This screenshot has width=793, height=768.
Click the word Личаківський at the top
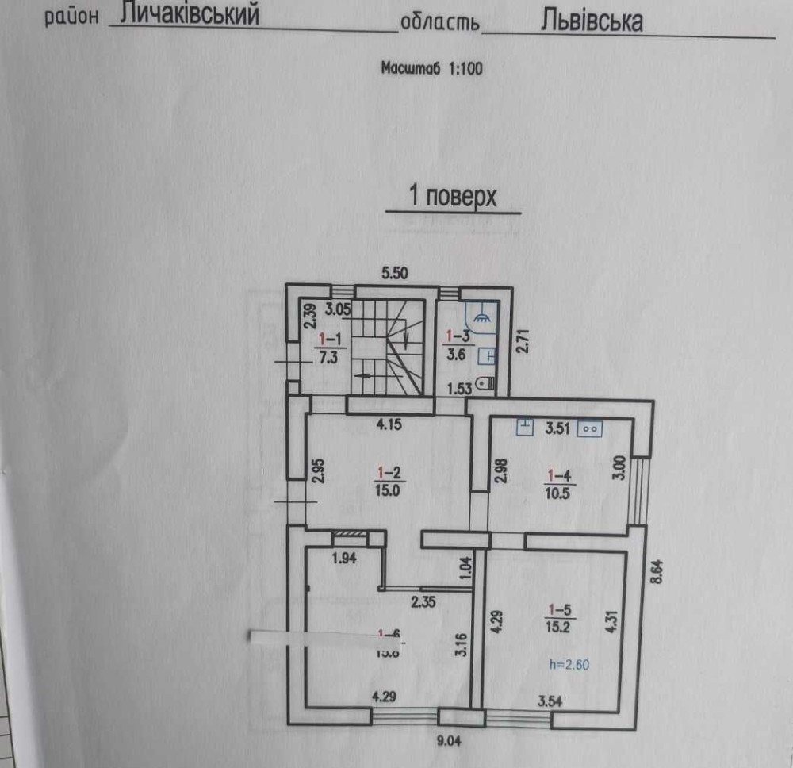point(191,15)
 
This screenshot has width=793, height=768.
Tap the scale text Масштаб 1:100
point(431,68)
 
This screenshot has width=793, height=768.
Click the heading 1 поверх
point(452,196)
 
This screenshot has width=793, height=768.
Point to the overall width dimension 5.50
point(394,274)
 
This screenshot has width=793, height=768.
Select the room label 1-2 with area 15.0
point(389,481)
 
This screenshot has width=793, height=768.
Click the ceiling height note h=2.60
point(569,665)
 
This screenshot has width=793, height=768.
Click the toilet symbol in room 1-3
point(486,384)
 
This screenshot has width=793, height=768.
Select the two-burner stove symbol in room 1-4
point(591,428)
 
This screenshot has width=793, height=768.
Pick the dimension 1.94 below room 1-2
point(343,558)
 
